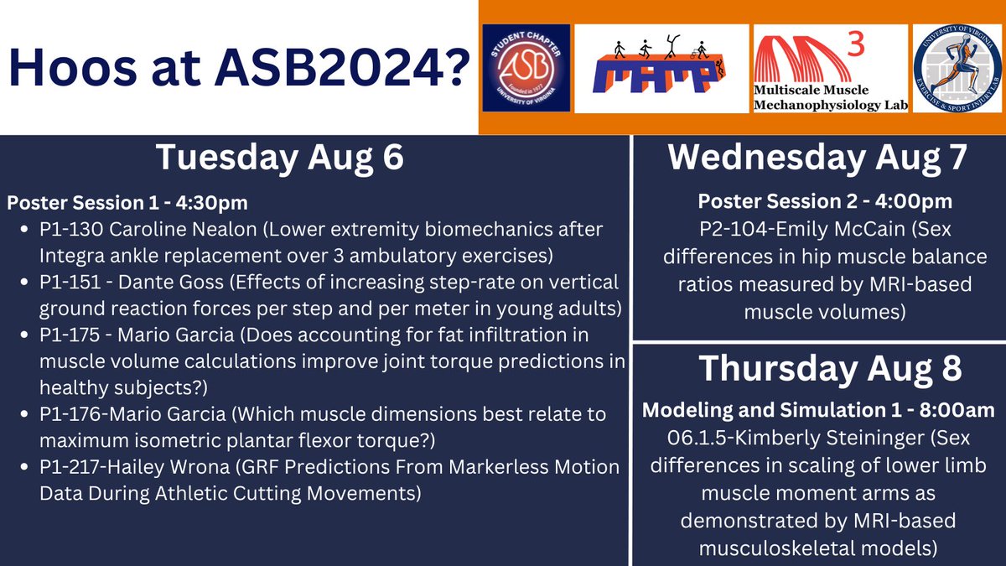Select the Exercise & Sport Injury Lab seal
click(957, 68)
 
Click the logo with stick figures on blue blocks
click(661, 69)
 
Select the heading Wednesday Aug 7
click(818, 159)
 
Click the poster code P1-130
click(65, 230)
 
